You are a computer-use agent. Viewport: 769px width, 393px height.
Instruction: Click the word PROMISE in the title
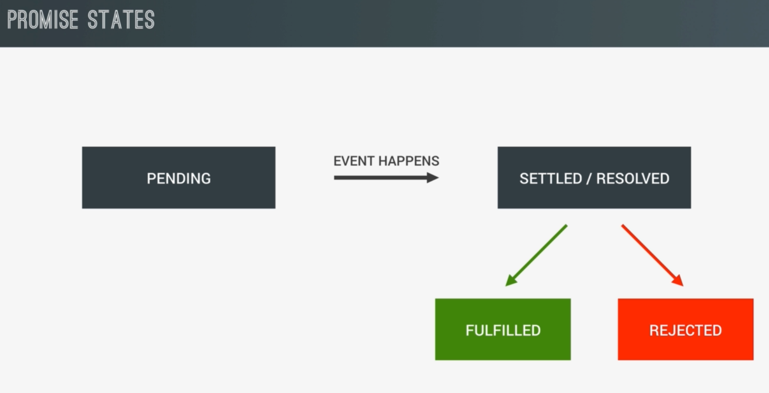click(x=43, y=20)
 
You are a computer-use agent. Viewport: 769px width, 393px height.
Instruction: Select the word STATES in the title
click(x=121, y=20)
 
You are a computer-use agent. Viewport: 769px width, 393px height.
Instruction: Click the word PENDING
click(x=179, y=178)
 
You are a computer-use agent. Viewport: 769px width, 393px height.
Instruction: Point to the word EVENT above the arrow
click(x=354, y=161)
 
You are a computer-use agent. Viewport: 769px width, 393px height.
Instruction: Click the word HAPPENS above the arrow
click(x=409, y=161)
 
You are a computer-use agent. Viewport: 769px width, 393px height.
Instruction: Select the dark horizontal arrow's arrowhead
click(x=432, y=177)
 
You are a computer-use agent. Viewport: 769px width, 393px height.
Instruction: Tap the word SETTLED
click(x=551, y=178)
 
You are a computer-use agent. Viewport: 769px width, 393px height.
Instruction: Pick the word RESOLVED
click(x=633, y=178)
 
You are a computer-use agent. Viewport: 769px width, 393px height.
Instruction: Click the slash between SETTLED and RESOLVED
click(x=589, y=178)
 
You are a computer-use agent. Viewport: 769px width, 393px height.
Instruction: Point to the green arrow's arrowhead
click(x=511, y=280)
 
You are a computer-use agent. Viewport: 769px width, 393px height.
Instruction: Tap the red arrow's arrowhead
click(x=678, y=280)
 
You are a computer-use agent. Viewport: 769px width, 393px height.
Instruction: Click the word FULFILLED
click(x=503, y=330)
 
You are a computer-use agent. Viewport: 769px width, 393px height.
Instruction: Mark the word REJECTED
click(x=686, y=330)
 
